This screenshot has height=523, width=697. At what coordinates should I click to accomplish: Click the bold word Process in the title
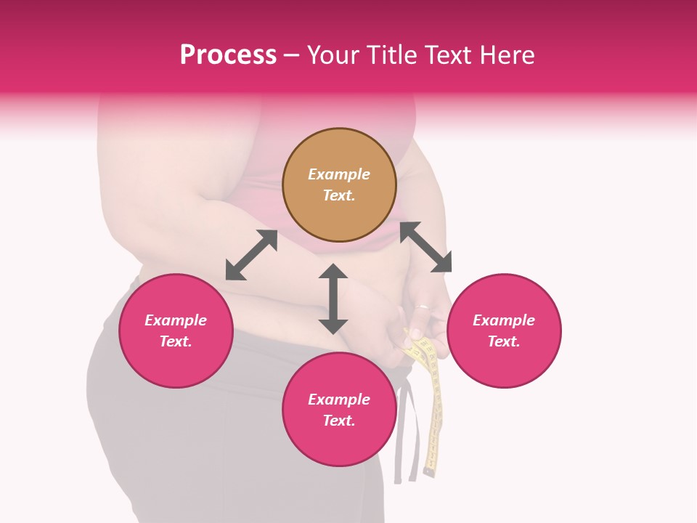228,55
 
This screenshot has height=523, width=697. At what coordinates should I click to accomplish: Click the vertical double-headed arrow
333,299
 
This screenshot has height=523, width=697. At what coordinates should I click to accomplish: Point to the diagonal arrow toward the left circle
251,255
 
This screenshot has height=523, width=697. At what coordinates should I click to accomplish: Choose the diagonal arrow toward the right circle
426,247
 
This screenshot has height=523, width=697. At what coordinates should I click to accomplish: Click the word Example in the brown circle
339,174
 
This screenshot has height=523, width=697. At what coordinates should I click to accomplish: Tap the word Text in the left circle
176,341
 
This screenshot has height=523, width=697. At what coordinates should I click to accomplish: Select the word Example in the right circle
504,320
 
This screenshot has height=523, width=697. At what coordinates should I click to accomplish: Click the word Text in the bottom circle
339,421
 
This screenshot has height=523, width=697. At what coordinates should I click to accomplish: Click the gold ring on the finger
421,307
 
